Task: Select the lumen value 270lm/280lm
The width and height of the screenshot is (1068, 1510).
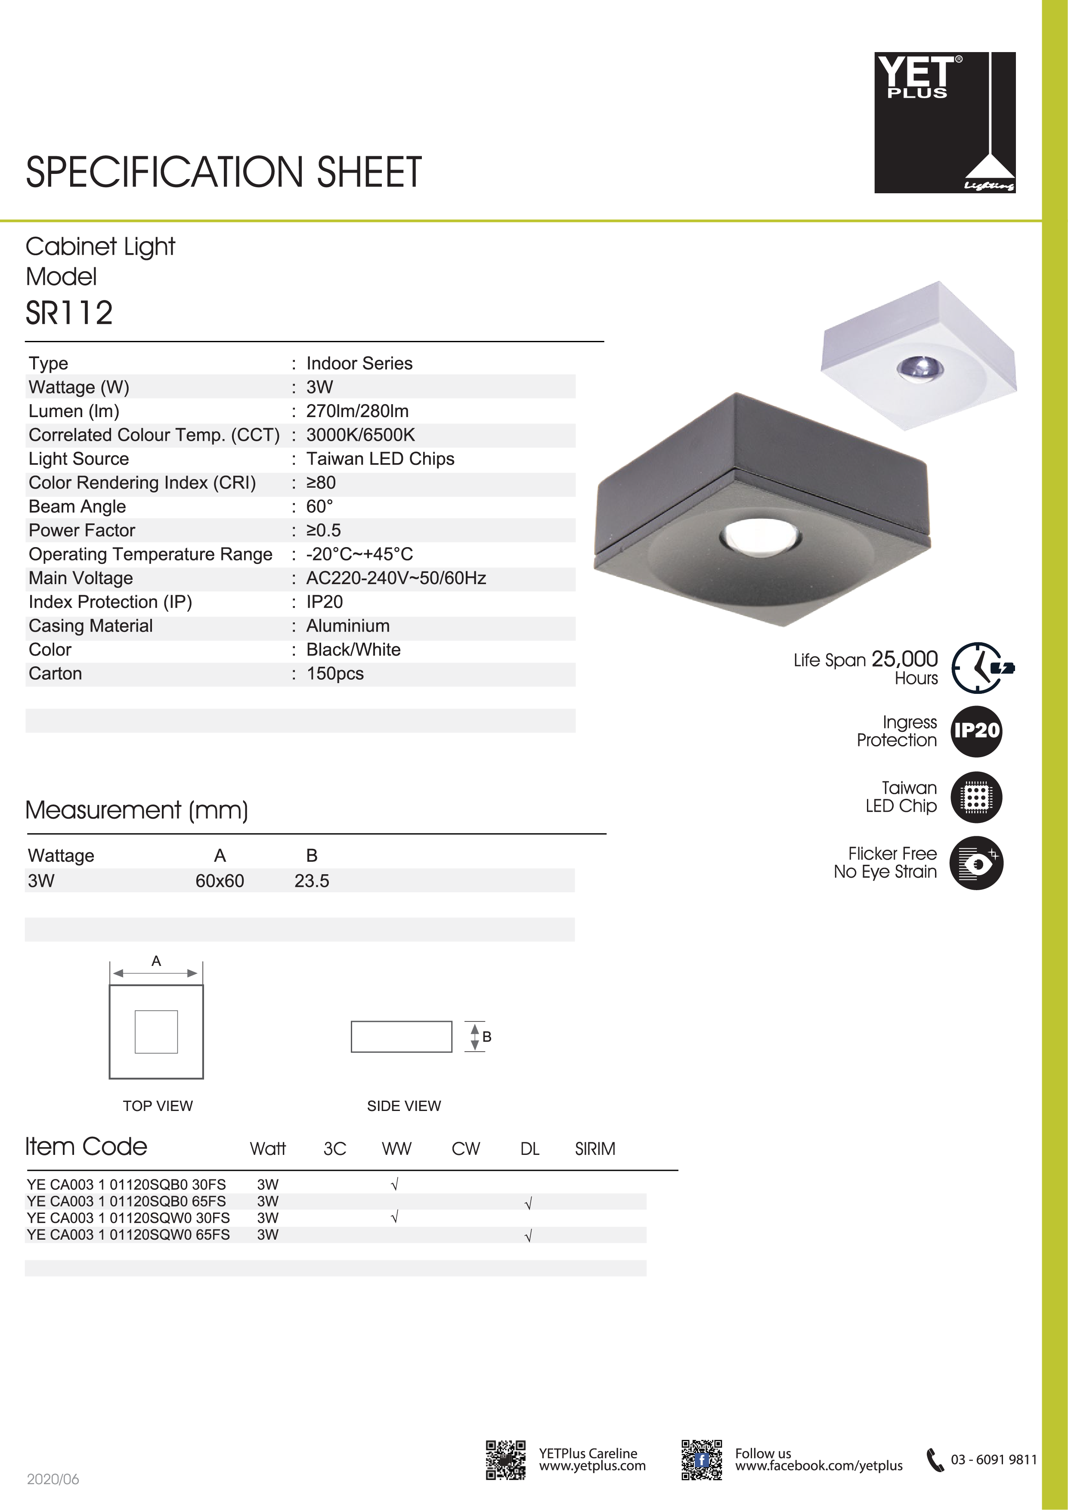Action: (357, 411)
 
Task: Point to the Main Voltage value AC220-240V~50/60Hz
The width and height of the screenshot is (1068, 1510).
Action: (396, 578)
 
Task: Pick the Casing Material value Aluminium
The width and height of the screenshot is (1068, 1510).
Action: (348, 625)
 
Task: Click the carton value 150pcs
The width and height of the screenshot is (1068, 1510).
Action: (335, 674)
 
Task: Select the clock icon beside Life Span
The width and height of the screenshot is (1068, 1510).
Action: (978, 667)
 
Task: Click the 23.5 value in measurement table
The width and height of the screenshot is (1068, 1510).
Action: (312, 881)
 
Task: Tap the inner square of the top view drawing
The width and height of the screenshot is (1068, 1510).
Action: (157, 1031)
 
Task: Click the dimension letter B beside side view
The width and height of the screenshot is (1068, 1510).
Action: (487, 1037)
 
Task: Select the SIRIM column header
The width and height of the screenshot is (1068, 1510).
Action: (594, 1149)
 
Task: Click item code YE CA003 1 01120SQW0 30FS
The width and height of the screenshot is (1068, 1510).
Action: (128, 1218)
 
